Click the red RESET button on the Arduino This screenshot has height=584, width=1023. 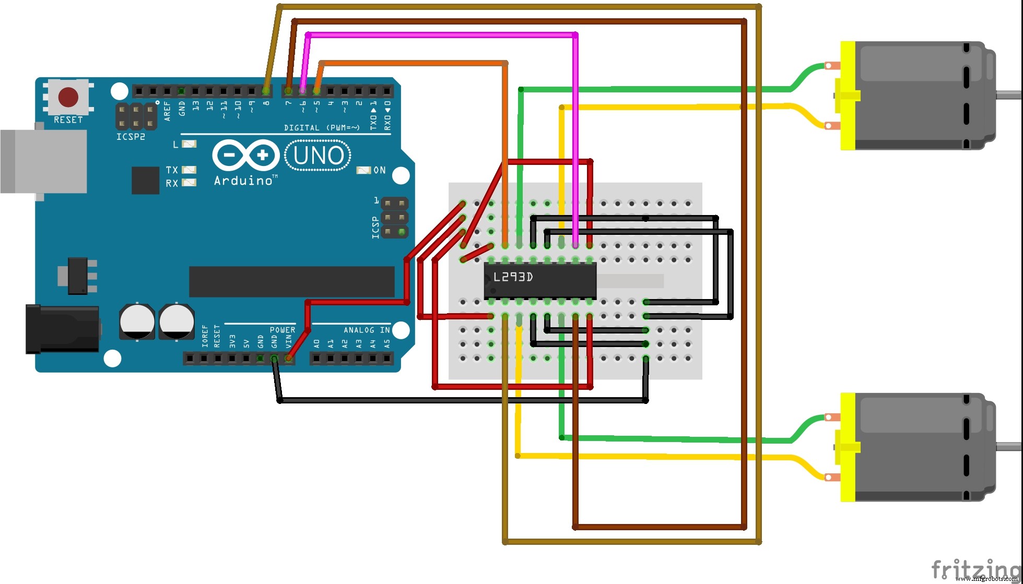click(68, 97)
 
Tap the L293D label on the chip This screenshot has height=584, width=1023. click(513, 277)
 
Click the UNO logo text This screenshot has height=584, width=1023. click(318, 156)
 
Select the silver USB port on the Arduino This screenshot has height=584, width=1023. click(44, 161)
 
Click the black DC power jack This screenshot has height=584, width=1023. click(62, 329)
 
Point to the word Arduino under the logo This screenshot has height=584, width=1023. click(243, 181)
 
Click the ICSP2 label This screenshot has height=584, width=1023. click(131, 137)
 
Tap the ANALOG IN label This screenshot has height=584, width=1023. click(367, 330)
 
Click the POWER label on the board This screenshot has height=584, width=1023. click(283, 330)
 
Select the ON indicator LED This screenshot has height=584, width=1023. click(363, 170)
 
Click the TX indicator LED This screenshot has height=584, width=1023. click(189, 170)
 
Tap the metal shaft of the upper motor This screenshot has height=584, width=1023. click(1009, 95)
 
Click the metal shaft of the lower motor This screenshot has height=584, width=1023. click(1009, 446)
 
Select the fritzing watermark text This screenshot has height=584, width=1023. click(974, 569)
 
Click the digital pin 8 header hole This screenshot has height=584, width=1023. click(267, 91)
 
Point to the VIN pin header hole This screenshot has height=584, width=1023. click(288, 359)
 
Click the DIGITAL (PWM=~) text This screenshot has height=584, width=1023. click(322, 128)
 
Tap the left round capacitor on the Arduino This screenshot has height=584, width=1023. click(137, 321)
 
